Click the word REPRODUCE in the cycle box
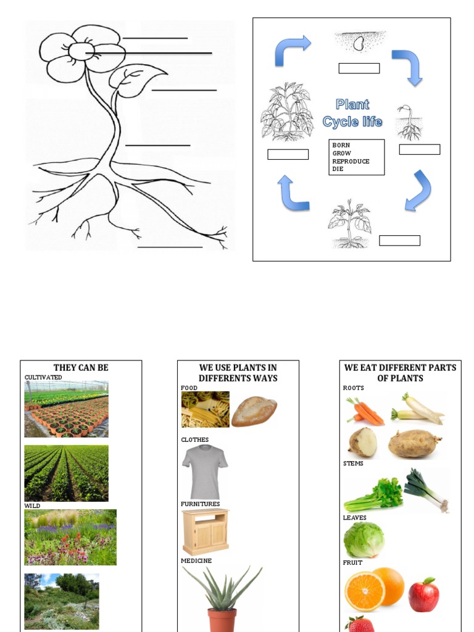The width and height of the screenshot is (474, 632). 351,161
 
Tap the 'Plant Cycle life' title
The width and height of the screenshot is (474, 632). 352,113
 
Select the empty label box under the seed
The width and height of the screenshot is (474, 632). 359,69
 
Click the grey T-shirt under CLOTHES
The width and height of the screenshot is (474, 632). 205,471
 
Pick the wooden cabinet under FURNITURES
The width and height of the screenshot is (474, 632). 206,531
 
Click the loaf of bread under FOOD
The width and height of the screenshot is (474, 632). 254,411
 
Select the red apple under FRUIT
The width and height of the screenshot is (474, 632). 423,596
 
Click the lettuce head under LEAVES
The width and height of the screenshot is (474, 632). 364,540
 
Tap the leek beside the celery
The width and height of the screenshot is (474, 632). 425,491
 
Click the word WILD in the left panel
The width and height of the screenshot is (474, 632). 32,505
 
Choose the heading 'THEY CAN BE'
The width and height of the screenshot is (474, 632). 81,368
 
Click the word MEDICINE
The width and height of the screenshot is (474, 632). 196,560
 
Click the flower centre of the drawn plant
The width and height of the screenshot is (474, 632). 81,51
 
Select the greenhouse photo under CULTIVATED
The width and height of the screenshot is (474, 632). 66,409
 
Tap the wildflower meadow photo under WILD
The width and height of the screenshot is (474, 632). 70,537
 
